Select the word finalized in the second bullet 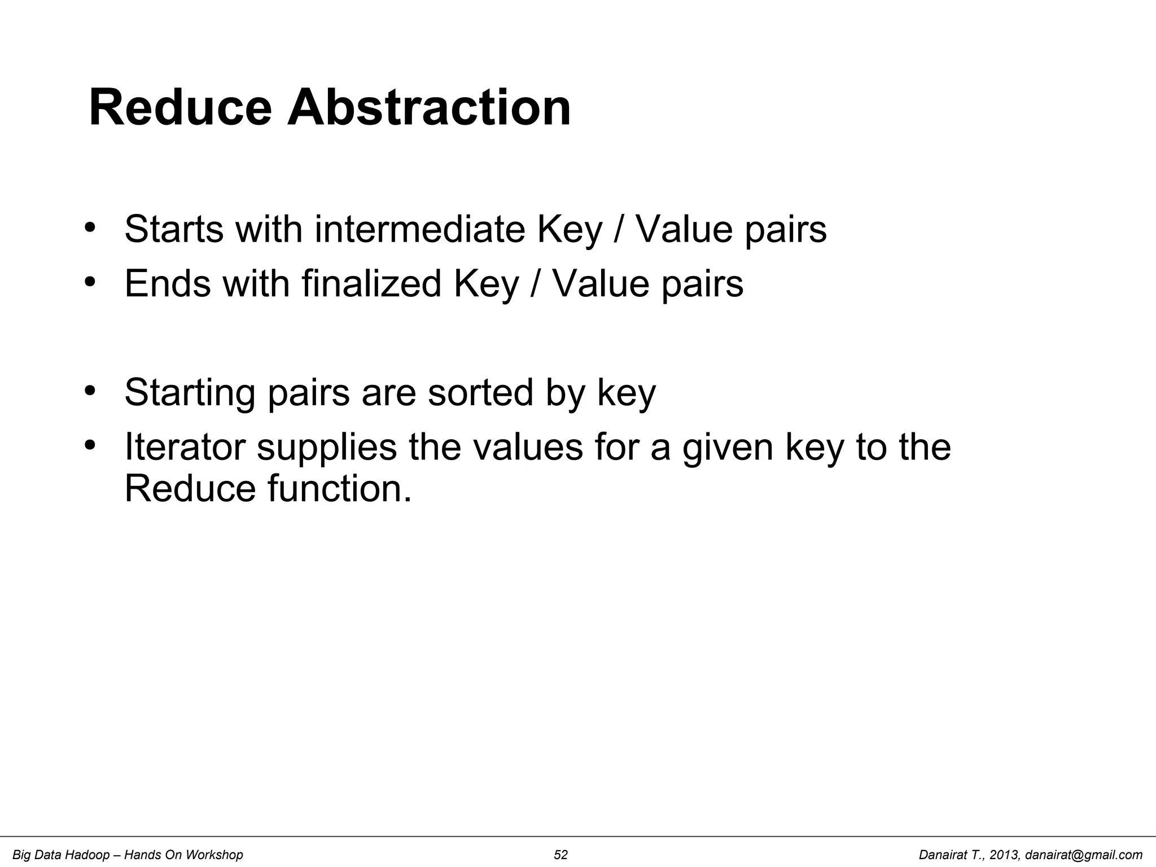click(x=371, y=283)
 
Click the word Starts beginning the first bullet click(x=174, y=229)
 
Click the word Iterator click(x=185, y=446)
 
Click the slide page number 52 click(x=561, y=855)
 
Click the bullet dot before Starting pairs click(x=89, y=391)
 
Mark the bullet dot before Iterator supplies click(x=89, y=445)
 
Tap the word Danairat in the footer click(x=942, y=855)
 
